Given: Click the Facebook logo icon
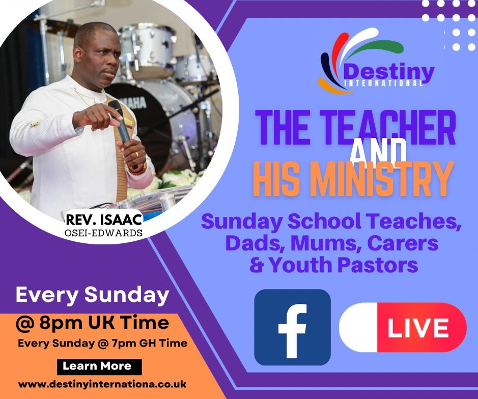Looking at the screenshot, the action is pos(292,327).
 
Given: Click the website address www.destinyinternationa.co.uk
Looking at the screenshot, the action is pos(102,384).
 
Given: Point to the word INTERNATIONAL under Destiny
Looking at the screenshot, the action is pos(383,83).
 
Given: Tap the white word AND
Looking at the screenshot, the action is pos(378,151).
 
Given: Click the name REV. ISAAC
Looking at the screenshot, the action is pos(104,220).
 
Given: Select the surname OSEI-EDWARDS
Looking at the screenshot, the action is pos(104,233).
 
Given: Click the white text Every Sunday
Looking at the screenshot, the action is pos(92,295).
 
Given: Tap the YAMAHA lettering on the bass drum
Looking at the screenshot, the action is pos(133,103).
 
